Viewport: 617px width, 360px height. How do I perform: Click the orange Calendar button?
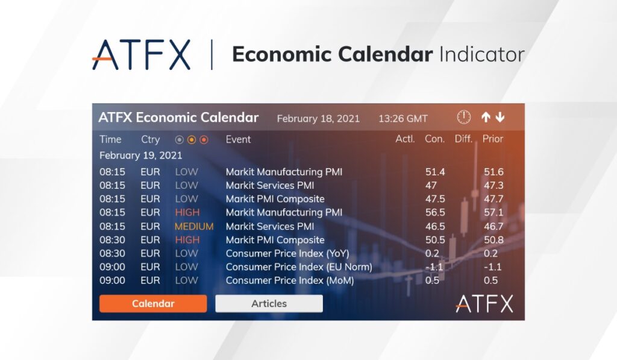point(153,304)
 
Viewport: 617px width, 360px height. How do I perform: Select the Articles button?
point(269,304)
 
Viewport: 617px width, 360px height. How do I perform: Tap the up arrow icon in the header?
point(486,117)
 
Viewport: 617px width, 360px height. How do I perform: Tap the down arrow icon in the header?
point(500,117)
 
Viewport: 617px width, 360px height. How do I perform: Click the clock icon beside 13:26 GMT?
point(464,117)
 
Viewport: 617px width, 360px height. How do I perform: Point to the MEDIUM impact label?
point(194,227)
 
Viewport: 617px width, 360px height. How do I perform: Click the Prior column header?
point(493,139)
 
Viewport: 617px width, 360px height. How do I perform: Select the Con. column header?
point(434,139)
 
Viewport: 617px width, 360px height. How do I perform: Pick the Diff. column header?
point(463,139)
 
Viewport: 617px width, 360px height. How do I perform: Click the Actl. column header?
point(405,139)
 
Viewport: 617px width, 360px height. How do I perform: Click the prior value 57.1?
point(493,212)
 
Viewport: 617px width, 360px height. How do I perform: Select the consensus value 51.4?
point(435,172)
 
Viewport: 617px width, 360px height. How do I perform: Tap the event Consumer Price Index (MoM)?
point(290,280)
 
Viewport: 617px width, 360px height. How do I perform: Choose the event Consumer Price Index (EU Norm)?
point(299,267)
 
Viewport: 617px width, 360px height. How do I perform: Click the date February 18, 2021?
point(318,119)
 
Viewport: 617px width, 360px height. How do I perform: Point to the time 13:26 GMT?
point(403,119)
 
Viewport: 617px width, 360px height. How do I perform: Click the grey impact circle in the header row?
point(180,139)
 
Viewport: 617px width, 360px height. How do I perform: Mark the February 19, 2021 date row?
point(140,156)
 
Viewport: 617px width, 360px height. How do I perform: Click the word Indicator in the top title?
point(481,54)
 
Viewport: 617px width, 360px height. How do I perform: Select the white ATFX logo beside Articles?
point(484,304)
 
